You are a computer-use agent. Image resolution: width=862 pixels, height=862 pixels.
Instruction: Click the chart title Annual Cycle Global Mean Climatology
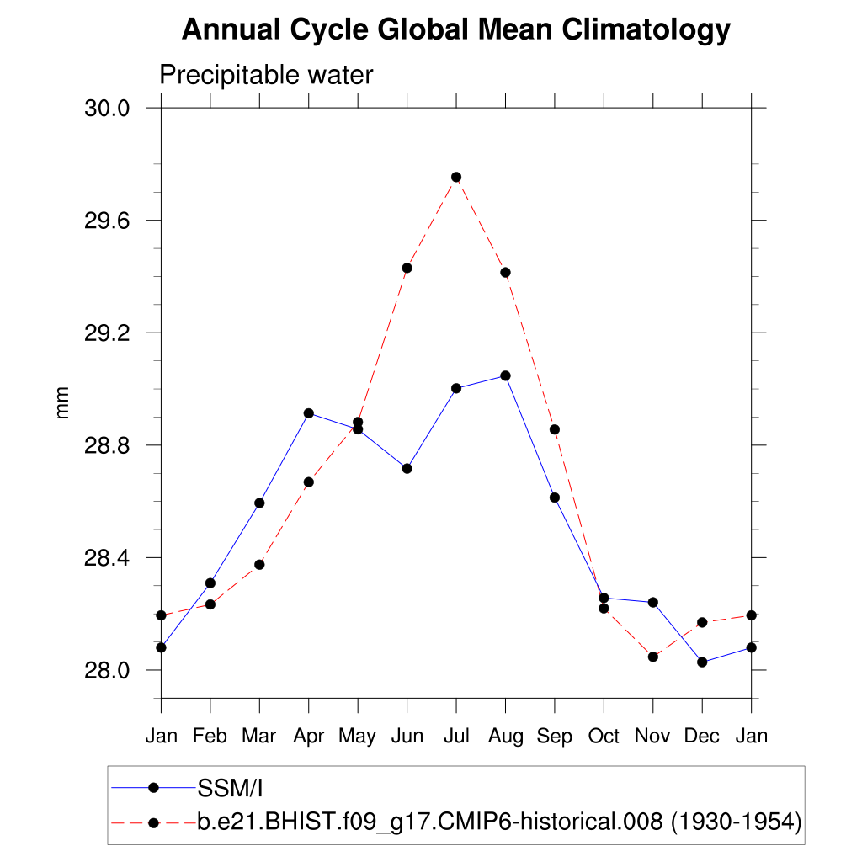455,30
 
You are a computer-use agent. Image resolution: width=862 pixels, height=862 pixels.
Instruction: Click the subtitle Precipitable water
266,75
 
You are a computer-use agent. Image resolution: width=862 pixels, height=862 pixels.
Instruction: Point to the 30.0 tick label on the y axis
107,109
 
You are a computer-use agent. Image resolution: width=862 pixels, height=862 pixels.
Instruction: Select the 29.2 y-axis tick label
107,333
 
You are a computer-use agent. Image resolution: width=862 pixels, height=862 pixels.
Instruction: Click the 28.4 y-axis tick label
107,558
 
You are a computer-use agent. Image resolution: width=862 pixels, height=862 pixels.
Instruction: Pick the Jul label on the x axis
456,737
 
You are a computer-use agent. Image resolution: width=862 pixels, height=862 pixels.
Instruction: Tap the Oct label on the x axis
604,737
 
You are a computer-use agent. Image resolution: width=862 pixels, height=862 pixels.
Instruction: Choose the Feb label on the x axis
210,737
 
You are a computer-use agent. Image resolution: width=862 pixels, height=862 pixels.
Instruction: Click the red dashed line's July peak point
456,177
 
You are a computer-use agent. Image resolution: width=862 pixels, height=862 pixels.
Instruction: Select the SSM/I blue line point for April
309,413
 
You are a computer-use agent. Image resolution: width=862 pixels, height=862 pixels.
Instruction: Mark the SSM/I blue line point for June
407,468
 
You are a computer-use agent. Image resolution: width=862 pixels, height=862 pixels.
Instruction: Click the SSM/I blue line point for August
505,375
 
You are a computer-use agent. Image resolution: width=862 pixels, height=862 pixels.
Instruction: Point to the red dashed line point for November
653,657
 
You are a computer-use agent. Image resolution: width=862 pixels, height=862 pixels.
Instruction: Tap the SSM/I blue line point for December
702,662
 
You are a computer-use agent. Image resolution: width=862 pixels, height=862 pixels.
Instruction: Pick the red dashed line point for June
407,268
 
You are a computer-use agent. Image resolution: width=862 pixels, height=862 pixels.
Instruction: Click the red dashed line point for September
555,429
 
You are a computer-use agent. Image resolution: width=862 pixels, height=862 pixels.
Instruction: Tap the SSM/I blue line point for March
259,503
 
